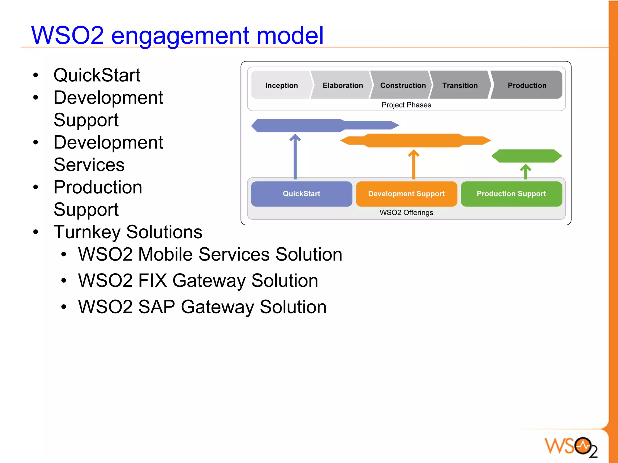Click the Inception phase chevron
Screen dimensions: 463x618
tap(281, 85)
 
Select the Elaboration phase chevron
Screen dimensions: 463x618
tap(342, 85)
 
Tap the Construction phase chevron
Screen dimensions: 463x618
tap(403, 85)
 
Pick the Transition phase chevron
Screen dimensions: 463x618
tap(460, 85)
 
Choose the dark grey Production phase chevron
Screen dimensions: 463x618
tap(527, 85)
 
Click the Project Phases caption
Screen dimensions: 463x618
tap(406, 105)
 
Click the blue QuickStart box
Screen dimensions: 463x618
tap(301, 194)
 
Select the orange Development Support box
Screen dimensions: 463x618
tap(406, 194)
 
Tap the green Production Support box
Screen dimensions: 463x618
tap(511, 194)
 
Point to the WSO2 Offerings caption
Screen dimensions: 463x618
tap(406, 212)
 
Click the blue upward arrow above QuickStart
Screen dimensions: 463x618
tap(295, 157)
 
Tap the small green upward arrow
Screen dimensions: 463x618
tap(526, 172)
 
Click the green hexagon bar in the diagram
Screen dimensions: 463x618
tap(527, 156)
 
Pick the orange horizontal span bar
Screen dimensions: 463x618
tap(415, 140)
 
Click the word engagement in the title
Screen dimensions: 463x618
tap(180, 36)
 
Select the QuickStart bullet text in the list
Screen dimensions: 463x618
tap(97, 75)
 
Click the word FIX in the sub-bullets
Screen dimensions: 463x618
tap(152, 280)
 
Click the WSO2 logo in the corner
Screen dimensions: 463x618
tap(571, 446)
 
